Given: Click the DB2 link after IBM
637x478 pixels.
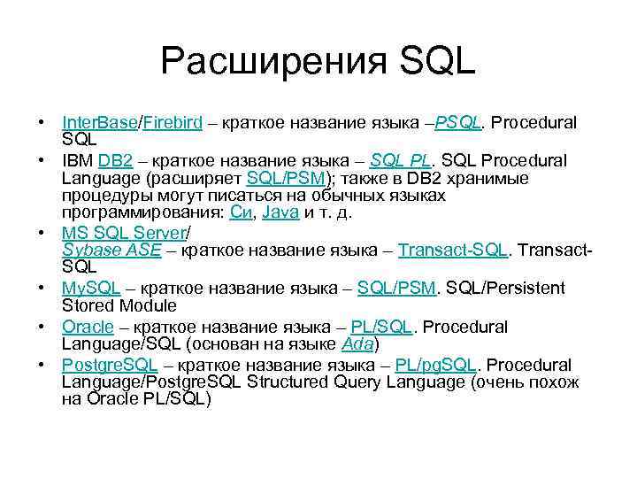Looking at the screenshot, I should point(115,160).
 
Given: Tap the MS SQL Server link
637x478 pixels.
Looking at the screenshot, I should point(124,233).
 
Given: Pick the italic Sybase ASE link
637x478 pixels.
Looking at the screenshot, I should point(111,251).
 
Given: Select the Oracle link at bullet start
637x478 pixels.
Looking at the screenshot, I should point(88,327).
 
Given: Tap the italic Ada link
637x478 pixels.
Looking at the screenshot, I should point(358,344).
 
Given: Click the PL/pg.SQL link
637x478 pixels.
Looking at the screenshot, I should point(437,365).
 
